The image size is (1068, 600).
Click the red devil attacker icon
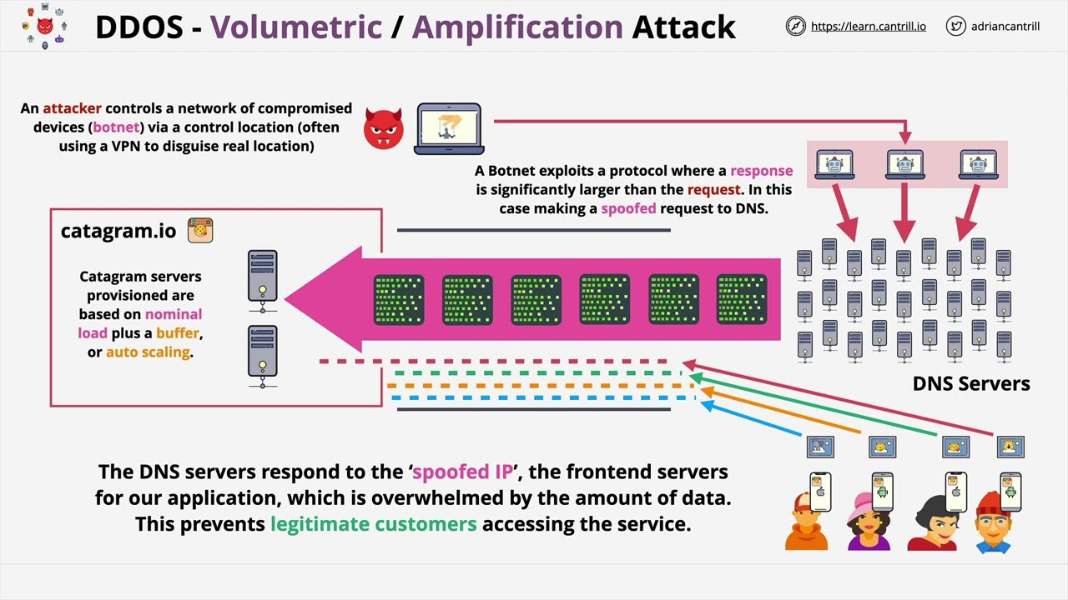[384, 128]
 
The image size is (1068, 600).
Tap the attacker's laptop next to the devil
[449, 128]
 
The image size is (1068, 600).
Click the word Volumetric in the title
[296, 27]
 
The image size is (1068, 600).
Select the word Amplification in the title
[517, 27]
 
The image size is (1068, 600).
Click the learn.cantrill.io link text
[869, 27]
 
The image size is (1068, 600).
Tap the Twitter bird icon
[956, 26]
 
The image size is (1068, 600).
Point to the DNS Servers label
[971, 383]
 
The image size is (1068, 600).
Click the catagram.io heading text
[118, 231]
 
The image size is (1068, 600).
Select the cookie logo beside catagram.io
[200, 231]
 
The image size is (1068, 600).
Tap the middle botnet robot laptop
[905, 165]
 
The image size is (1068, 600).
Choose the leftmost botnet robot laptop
[834, 165]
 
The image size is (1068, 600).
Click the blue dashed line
[542, 398]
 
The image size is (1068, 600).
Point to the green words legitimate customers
[373, 524]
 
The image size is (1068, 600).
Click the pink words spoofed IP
[462, 472]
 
